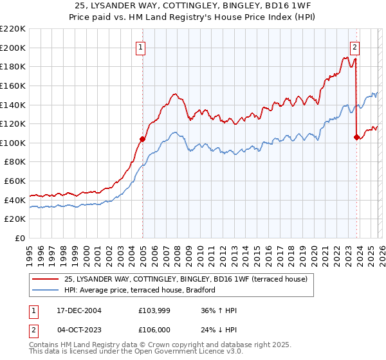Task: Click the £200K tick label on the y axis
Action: pos(13,48)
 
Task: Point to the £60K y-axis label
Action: pos(15,181)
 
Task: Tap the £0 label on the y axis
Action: pos(20,239)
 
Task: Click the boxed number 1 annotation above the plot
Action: pos(140,46)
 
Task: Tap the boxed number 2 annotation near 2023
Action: pos(354,46)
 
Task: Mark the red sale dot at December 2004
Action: pos(142,139)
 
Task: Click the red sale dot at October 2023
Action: pos(356,137)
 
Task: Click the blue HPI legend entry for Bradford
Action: pos(139,291)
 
